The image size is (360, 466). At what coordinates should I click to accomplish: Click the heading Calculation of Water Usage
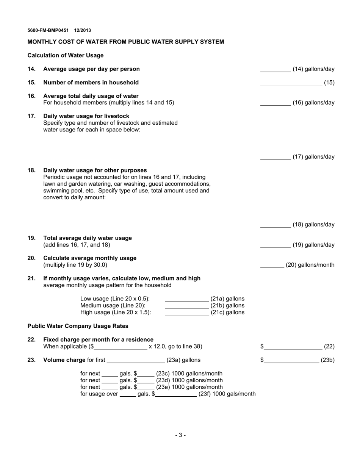click(65, 55)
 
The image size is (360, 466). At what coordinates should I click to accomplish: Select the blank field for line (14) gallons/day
click(275, 69)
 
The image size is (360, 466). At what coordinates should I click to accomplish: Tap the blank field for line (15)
click(291, 83)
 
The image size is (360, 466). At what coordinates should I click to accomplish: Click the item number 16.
click(31, 96)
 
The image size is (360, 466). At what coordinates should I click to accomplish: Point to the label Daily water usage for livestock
click(86, 116)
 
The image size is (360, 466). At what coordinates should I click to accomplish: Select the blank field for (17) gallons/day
click(275, 157)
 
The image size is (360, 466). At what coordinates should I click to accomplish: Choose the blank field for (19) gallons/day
click(275, 245)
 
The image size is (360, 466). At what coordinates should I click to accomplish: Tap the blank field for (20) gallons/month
click(272, 265)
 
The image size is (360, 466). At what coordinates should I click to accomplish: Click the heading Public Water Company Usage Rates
click(78, 326)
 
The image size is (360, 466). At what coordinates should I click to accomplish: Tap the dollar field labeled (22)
click(293, 346)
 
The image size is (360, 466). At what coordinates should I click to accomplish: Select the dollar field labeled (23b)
click(291, 360)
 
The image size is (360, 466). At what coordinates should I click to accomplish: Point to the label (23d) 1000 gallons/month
click(189, 380)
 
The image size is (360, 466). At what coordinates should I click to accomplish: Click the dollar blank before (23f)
click(175, 394)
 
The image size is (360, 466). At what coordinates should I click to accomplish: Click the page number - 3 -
click(180, 435)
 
